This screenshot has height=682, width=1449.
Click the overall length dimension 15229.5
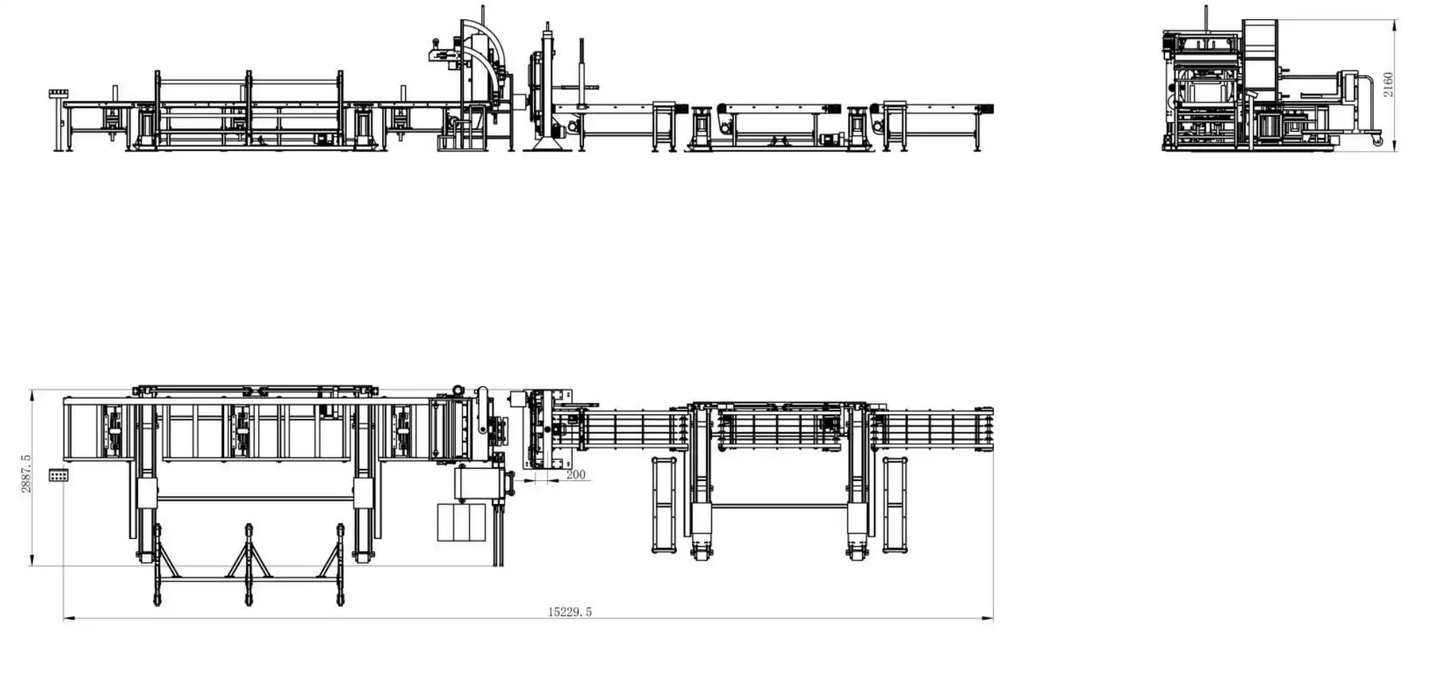[x=570, y=612]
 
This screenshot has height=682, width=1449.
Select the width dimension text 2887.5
[x=26, y=473]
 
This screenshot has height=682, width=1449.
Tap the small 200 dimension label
[x=575, y=474]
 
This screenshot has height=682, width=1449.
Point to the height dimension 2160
[x=1388, y=84]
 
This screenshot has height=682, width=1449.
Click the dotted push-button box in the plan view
[x=59, y=475]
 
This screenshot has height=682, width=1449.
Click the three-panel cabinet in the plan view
[x=462, y=522]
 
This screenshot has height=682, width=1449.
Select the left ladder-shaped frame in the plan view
[x=664, y=505]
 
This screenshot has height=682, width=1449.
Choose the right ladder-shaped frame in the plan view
[x=894, y=505]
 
